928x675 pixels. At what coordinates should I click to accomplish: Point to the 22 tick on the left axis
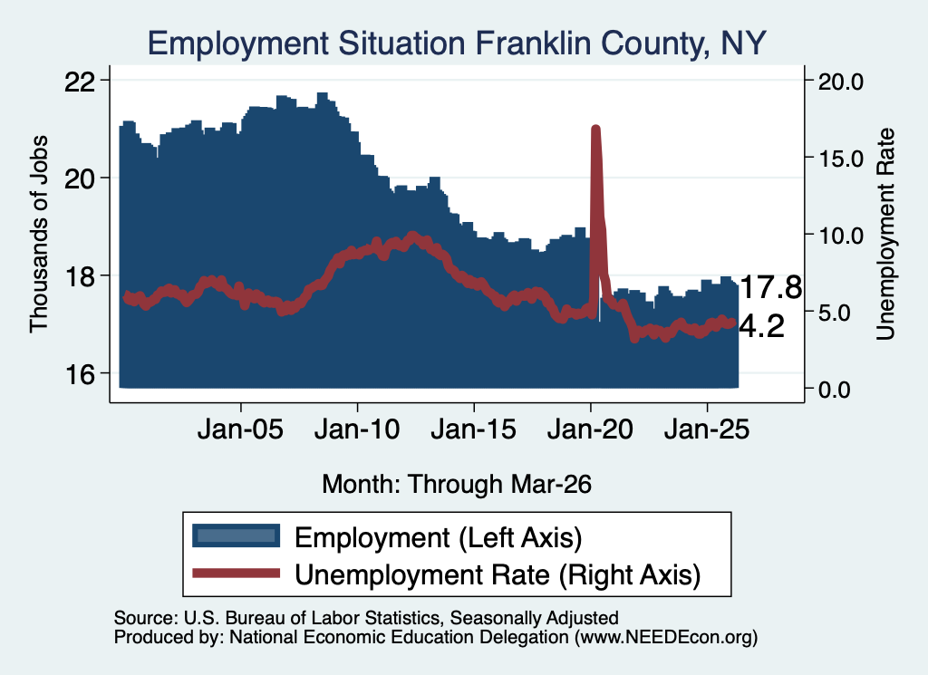tap(79, 81)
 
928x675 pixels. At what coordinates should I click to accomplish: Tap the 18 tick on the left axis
tap(79, 277)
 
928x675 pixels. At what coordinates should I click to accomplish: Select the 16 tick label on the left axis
tap(79, 374)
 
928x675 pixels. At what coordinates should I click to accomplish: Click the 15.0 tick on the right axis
tap(841, 159)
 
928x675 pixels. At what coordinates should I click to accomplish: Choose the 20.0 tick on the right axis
tap(841, 81)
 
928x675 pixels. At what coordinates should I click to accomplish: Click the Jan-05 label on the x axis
tap(241, 429)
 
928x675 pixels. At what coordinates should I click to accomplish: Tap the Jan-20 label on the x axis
tap(590, 429)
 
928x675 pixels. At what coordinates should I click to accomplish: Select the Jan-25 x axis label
tap(707, 429)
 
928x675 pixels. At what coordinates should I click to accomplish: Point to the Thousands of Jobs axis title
tap(38, 235)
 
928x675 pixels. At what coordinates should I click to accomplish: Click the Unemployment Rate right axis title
tap(885, 235)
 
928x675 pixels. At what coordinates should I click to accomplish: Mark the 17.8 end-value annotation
tap(770, 288)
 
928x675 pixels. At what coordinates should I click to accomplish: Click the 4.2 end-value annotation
tap(762, 326)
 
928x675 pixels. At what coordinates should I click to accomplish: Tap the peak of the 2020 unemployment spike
tap(595, 129)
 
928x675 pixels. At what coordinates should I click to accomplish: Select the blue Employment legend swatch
tap(237, 536)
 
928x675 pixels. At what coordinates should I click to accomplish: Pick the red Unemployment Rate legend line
tap(237, 573)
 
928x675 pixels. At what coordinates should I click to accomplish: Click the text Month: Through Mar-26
tap(457, 484)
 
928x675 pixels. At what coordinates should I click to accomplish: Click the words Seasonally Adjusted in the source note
tap(534, 618)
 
